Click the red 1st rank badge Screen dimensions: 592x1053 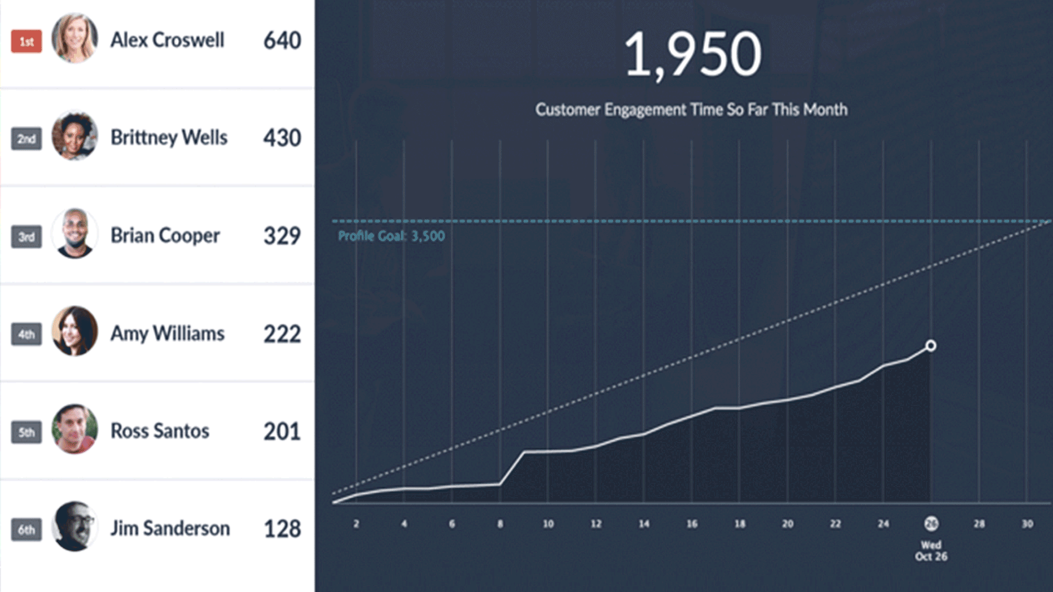point(26,42)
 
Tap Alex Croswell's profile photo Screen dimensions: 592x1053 point(75,38)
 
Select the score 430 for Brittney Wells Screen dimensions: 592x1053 point(282,138)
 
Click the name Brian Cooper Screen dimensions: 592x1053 point(165,236)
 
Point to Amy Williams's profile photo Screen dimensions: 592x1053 point(75,331)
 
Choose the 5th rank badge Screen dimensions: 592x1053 point(26,432)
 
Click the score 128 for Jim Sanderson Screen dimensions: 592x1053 point(282,529)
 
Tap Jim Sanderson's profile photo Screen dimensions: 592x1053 point(75,526)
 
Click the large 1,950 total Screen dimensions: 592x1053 point(692,54)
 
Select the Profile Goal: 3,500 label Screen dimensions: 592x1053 point(391,236)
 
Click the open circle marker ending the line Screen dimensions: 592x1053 point(931,345)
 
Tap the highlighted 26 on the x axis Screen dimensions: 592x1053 point(931,524)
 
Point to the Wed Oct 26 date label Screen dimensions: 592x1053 point(931,551)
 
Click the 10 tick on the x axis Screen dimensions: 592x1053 point(548,524)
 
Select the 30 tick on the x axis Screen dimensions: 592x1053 point(1027,524)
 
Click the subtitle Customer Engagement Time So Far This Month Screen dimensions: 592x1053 point(691,110)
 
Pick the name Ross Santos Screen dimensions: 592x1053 point(160,431)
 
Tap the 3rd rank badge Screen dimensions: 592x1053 point(26,237)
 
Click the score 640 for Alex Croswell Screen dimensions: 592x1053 point(282,41)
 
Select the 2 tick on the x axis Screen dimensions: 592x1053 point(356,524)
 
